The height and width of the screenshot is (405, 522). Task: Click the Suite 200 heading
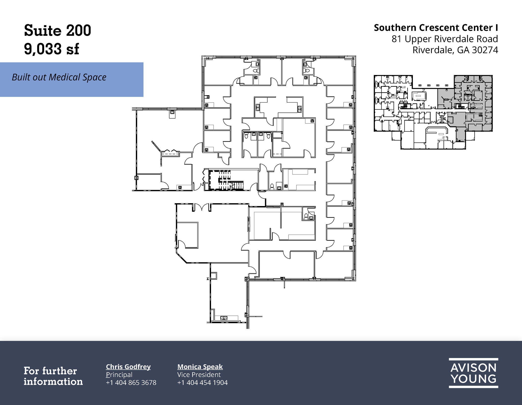click(x=57, y=31)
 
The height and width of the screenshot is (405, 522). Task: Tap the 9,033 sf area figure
click(x=51, y=49)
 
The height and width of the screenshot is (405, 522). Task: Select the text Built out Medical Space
click(x=59, y=77)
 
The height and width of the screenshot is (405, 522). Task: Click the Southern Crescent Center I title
click(x=436, y=28)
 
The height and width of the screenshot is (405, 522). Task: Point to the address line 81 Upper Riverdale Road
click(x=445, y=39)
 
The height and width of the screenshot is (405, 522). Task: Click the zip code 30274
click(x=485, y=50)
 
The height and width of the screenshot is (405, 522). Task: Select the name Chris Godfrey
click(x=128, y=366)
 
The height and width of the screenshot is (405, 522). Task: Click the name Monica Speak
click(x=200, y=366)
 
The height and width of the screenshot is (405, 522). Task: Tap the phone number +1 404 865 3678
click(x=131, y=383)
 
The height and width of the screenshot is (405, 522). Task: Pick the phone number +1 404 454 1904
click(x=202, y=383)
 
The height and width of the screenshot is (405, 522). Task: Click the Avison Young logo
click(x=473, y=373)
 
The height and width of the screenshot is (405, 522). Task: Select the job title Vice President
click(x=199, y=375)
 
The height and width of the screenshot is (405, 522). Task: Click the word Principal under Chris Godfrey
click(x=119, y=375)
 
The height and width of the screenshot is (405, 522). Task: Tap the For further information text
click(x=53, y=376)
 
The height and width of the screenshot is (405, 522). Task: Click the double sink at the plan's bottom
click(x=224, y=318)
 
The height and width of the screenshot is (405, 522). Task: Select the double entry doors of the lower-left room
click(x=202, y=207)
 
